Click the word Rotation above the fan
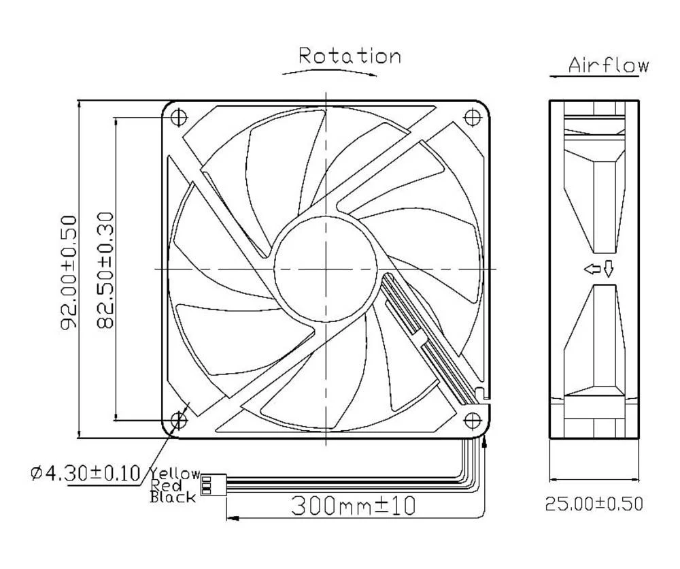(350, 55)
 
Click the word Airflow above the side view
(608, 65)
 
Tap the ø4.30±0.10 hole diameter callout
(85, 472)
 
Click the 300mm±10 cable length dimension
(353, 505)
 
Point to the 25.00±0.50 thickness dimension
(593, 504)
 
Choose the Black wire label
(173, 497)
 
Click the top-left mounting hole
(179, 116)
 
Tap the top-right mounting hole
(472, 116)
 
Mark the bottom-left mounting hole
(179, 420)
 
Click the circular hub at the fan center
(326, 268)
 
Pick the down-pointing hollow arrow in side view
(608, 270)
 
